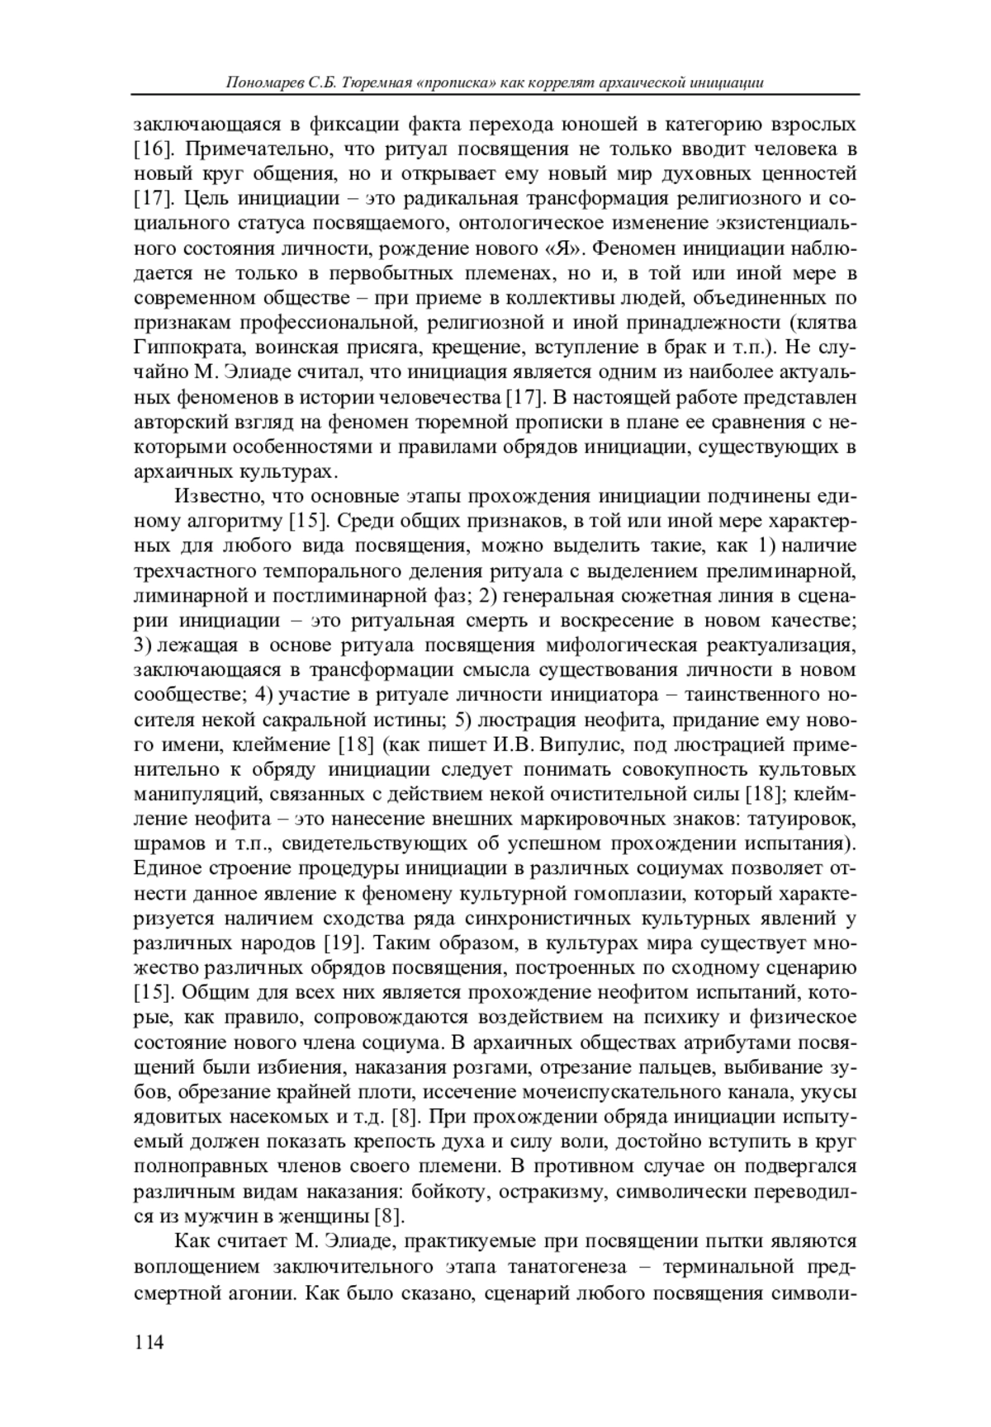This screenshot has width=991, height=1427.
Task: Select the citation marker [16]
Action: pyautogui.click(x=152, y=149)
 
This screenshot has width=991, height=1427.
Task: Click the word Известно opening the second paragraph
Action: pyautogui.click(x=214, y=496)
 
